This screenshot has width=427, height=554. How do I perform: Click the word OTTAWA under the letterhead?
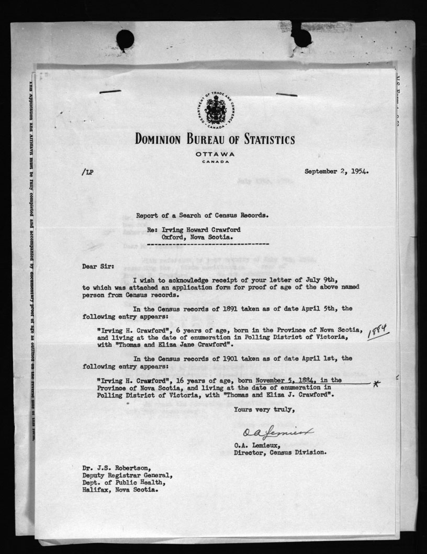click(215, 154)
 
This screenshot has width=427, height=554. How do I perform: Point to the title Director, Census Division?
click(280, 452)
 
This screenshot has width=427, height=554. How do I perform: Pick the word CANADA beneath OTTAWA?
click(215, 161)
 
